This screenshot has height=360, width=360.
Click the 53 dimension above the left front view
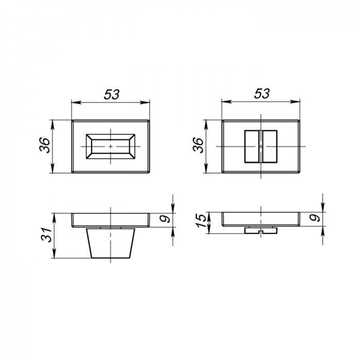coord(112,94)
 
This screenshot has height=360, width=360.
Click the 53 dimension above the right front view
coord(262,94)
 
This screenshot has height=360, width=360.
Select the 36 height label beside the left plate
coord(45,145)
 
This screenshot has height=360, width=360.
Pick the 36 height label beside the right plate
coord(198,145)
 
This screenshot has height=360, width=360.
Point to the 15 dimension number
coord(201,221)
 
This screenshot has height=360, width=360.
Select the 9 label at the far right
coord(315,218)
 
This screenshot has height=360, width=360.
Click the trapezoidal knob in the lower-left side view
coord(111,243)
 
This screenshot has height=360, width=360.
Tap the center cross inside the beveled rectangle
coord(111,146)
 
